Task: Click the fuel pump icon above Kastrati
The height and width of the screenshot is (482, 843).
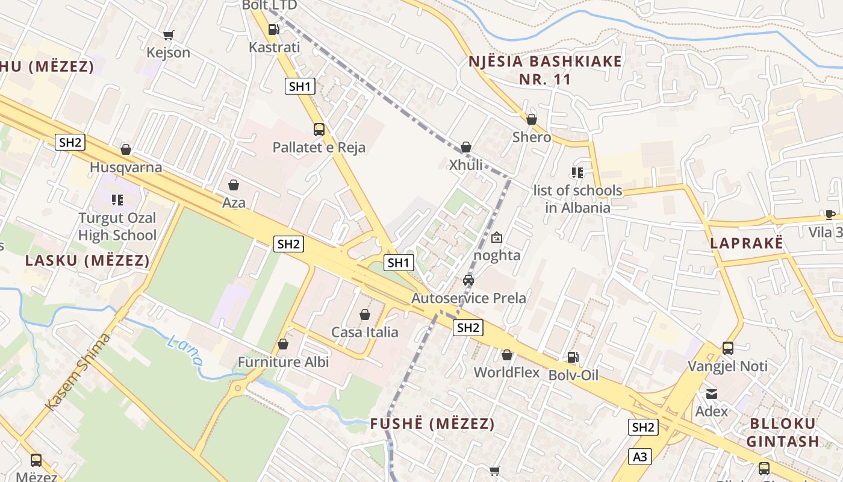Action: coord(273,29)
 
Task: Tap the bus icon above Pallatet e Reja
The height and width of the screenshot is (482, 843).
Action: coord(319,130)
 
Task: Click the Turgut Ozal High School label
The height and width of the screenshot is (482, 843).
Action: coord(117,227)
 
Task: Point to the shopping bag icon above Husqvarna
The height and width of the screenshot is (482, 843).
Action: coord(126,149)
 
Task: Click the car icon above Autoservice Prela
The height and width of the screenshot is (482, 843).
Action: coord(468,280)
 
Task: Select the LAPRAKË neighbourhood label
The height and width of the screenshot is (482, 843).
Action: coord(747,243)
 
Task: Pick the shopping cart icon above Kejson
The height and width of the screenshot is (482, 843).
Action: coord(169,35)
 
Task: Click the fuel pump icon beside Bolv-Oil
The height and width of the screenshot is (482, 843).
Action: coord(573,357)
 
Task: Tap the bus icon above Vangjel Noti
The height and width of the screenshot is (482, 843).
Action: coord(728,348)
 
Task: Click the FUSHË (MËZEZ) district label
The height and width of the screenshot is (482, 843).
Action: coord(432,424)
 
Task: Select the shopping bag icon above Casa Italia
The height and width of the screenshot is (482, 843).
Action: coord(364,315)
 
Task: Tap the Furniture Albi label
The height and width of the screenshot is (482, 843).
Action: coord(283,362)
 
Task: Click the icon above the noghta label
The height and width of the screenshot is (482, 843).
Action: coord(497,237)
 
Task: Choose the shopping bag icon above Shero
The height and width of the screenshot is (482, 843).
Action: coord(532,119)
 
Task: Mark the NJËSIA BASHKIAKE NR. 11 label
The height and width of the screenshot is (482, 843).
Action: coord(545,70)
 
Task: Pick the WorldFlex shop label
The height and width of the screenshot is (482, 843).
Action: coord(506,372)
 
